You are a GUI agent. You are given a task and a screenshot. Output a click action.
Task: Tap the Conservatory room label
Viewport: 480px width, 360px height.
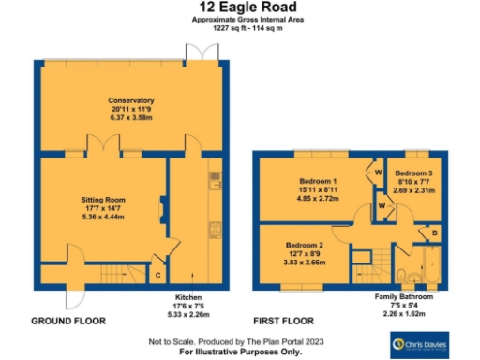click(x=130, y=100)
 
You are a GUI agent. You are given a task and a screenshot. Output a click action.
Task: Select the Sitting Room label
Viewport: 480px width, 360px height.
click(x=101, y=199)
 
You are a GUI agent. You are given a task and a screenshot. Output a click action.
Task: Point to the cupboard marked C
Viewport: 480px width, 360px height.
click(x=157, y=275)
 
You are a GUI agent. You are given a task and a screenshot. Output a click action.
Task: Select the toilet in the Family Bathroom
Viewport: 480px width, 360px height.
click(x=404, y=275)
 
